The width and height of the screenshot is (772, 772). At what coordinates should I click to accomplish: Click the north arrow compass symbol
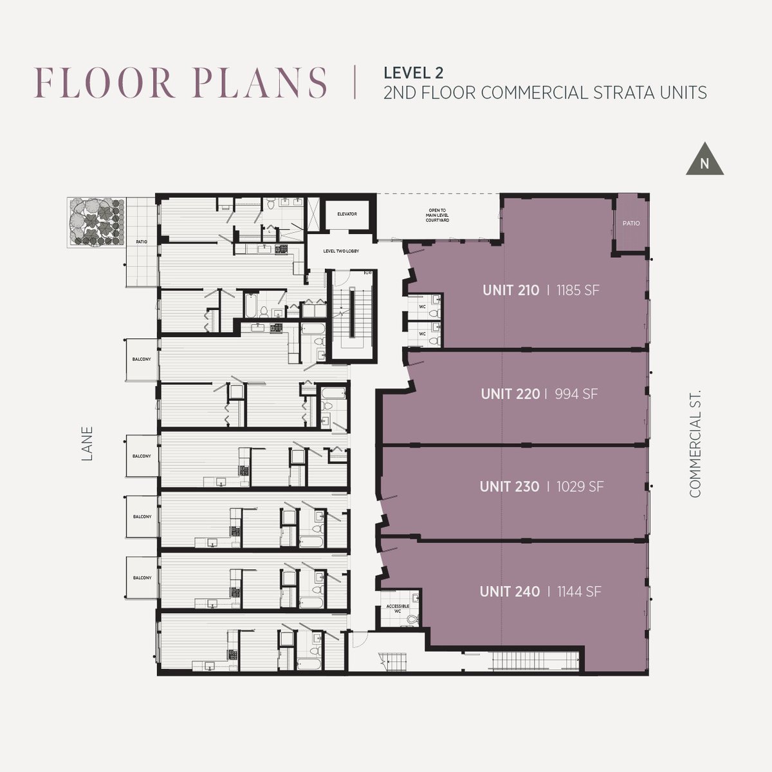point(704,160)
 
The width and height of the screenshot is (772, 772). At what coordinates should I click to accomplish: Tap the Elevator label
point(347,214)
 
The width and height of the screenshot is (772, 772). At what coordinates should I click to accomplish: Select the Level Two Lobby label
point(342,251)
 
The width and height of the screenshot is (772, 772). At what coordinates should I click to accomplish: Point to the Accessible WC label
point(398,609)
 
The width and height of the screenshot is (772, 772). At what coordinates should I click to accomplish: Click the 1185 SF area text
point(578,290)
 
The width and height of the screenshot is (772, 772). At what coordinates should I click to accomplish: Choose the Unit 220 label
point(510,394)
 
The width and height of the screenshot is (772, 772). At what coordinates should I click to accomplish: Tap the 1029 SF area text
point(580,486)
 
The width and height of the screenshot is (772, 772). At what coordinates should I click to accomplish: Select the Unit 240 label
point(510,591)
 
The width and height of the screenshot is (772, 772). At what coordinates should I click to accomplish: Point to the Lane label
point(87,443)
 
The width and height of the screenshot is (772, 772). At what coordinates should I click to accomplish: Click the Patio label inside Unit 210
point(631,223)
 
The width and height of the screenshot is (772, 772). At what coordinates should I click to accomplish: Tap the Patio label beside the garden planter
point(142,242)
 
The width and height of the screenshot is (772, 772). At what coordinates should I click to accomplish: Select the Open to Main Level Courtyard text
point(437,215)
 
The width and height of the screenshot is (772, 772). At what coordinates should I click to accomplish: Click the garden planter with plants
point(96,221)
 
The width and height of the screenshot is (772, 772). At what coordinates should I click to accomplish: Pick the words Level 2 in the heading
point(414,73)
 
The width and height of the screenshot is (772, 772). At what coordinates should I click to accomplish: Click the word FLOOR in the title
point(105,83)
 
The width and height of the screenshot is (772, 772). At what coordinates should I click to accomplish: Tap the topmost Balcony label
point(142,359)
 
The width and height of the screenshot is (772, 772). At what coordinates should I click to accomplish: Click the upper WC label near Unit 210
point(422,306)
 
